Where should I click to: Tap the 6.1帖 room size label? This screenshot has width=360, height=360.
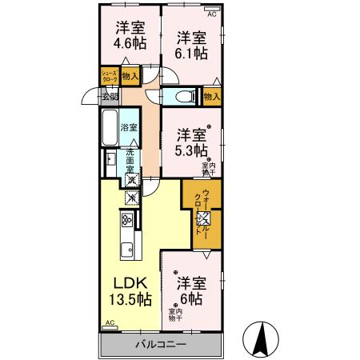coord(192,54)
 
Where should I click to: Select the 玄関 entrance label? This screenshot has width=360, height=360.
coord(110,97)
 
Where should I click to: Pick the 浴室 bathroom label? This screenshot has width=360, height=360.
coord(129,127)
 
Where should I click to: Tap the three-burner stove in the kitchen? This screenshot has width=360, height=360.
coord(126,221)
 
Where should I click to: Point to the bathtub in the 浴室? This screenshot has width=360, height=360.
coord(111,128)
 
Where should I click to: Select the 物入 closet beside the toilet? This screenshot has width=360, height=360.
coord(211,97)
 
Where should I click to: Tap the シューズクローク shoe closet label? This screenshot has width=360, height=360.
coord(110,77)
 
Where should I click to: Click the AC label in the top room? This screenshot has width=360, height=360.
coord(212,14)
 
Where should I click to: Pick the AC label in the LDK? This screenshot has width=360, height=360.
coord(109,324)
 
